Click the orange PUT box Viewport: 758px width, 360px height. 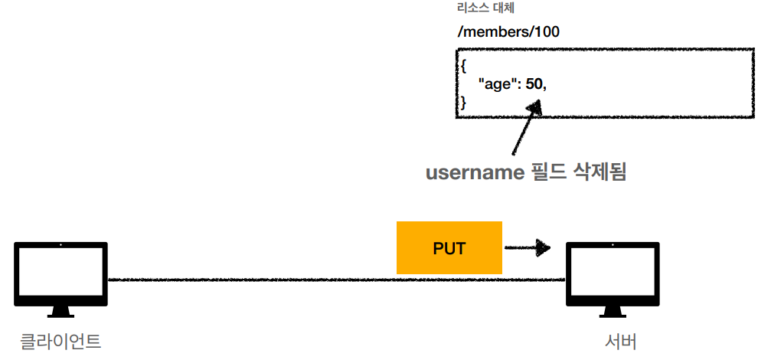click(x=449, y=248)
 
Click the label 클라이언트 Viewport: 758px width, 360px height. click(x=61, y=341)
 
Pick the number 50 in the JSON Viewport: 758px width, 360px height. click(x=534, y=84)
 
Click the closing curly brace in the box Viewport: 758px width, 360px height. click(x=462, y=102)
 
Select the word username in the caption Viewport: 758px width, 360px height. click(x=473, y=172)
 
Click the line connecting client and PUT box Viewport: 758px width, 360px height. click(x=253, y=280)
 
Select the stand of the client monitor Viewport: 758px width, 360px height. click(x=61, y=311)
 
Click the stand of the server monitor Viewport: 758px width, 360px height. click(x=613, y=311)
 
